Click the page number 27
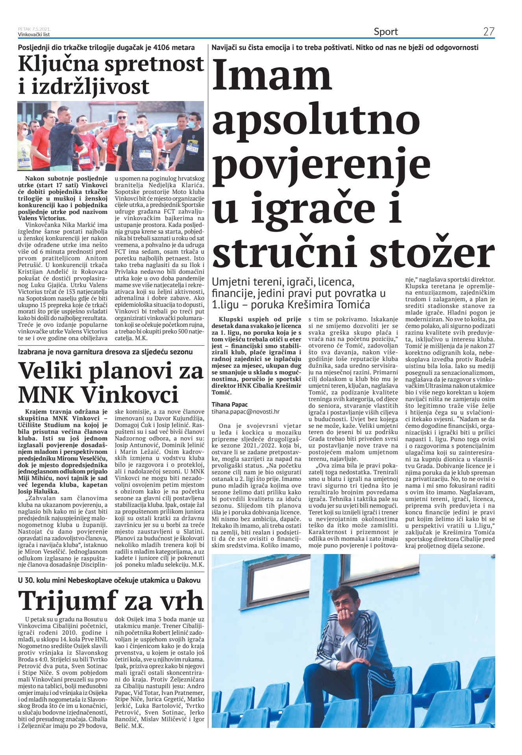pyautogui.click(x=489, y=31)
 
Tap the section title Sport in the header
pyautogui.click(x=385, y=31)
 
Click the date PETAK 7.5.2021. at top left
pyautogui.click(x=34, y=29)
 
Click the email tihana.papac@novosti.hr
pyautogui.click(x=246, y=411)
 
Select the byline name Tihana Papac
pyautogui.click(x=230, y=404)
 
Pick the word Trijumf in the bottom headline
pyautogui.click(x=68, y=601)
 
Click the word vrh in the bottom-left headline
pyautogui.click(x=181, y=601)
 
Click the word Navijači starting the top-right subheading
pyautogui.click(x=225, y=48)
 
